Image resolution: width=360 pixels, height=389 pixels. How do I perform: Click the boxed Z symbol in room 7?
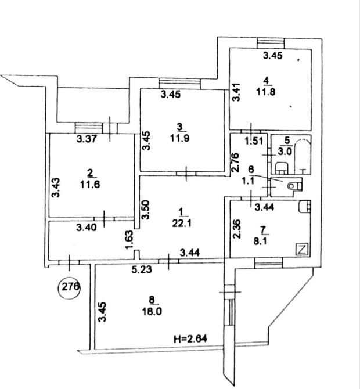(x=301, y=250)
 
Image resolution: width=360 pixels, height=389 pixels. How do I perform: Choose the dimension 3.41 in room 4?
(x=235, y=91)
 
